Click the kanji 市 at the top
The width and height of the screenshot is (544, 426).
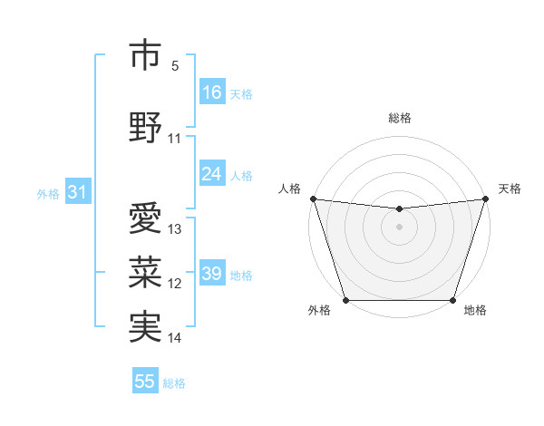(x=145, y=55)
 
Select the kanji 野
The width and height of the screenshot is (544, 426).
(x=145, y=127)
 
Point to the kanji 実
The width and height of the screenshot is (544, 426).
(x=145, y=326)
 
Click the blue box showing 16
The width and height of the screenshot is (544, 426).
(x=212, y=92)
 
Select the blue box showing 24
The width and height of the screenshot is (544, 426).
(x=212, y=174)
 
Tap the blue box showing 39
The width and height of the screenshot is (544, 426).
(x=212, y=274)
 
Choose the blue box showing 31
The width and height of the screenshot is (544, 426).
(x=76, y=192)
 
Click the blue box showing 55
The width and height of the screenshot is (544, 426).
(x=145, y=382)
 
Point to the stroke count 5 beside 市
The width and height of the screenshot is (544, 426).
(x=175, y=66)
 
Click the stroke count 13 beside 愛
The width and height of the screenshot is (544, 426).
(x=175, y=229)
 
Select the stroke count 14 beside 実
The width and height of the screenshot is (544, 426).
(x=175, y=338)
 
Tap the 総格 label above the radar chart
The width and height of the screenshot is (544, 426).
(x=399, y=118)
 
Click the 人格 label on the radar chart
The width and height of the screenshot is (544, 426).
(x=290, y=189)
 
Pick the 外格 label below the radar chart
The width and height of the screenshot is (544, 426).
(x=319, y=311)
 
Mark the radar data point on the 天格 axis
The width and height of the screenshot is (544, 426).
(x=485, y=198)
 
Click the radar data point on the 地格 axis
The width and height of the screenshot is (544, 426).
(x=452, y=299)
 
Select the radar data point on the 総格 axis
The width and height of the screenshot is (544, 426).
(x=399, y=209)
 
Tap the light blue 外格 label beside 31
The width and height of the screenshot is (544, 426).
(x=47, y=193)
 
